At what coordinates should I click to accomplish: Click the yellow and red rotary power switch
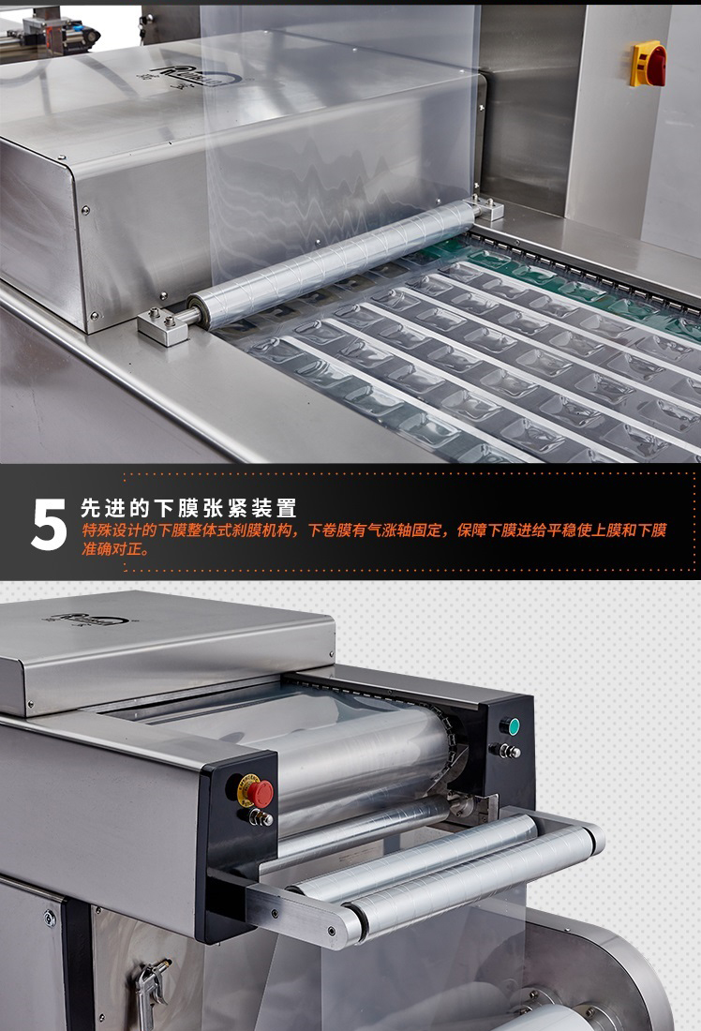coord(649,65)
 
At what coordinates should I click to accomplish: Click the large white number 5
coord(50,524)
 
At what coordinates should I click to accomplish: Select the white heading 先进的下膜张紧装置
coord(188,508)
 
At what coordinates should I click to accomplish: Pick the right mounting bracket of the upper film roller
coord(487,207)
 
